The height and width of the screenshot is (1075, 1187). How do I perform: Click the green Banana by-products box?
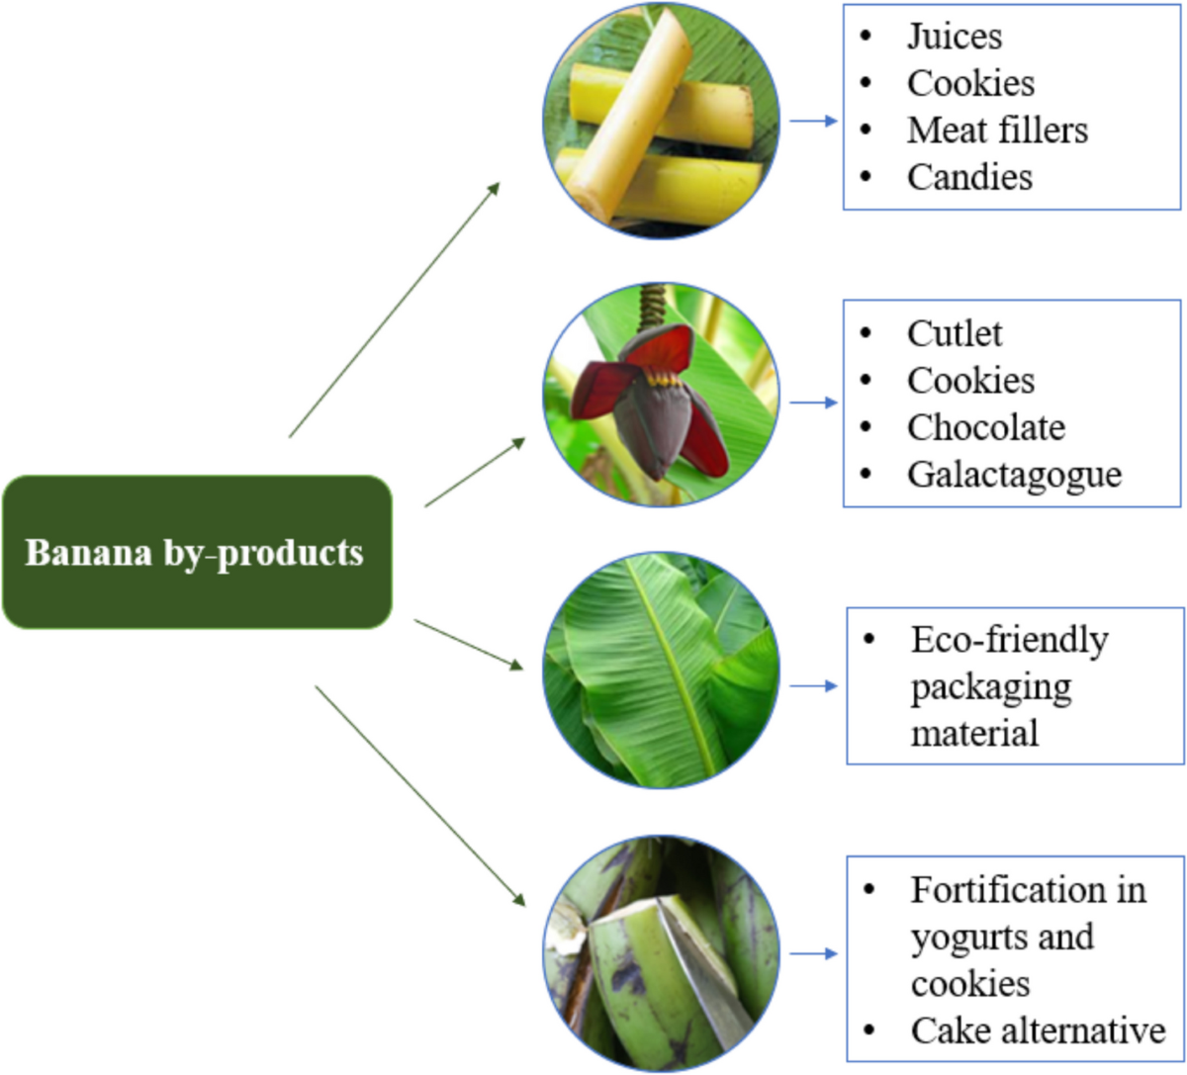[x=197, y=552]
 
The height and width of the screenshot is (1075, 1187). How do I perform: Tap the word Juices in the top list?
[x=955, y=37]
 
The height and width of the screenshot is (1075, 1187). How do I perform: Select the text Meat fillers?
[x=997, y=130]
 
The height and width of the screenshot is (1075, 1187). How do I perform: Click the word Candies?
[x=969, y=177]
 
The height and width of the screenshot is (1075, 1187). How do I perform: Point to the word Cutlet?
[x=955, y=333]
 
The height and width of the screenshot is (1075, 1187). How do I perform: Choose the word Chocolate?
[x=986, y=427]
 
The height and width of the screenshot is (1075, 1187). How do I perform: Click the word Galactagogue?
[x=1014, y=475]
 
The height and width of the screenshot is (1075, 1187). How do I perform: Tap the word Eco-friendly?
[x=1009, y=640]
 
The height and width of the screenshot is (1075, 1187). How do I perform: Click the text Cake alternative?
[x=1038, y=1030]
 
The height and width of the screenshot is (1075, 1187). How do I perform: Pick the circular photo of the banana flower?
[x=661, y=395]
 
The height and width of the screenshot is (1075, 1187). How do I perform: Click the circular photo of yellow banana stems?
[x=661, y=121]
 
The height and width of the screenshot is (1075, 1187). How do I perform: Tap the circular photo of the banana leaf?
[x=661, y=672]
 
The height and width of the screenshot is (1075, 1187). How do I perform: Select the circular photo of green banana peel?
[x=661, y=953]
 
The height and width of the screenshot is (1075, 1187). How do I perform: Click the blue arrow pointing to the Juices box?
[x=813, y=121]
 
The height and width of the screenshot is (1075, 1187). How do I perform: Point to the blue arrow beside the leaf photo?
[x=813, y=685]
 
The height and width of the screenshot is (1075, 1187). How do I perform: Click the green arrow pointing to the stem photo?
[x=394, y=310]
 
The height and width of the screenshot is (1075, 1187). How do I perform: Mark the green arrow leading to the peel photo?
[x=419, y=795]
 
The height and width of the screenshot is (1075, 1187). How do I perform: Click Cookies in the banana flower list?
[x=970, y=381]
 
